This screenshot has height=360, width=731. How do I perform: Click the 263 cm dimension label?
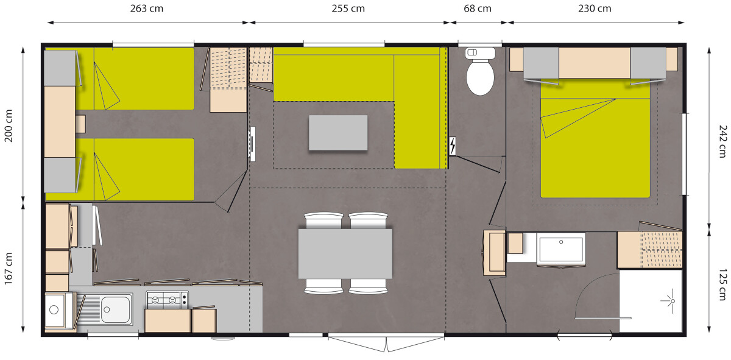click(147, 9)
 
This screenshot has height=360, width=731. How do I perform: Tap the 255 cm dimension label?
click(348, 9)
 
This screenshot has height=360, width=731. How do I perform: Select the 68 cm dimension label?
click(478, 9)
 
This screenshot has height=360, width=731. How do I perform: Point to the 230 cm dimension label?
click(595, 9)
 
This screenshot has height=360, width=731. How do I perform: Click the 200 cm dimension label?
click(9, 125)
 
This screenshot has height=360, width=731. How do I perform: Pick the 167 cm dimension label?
click(9, 269)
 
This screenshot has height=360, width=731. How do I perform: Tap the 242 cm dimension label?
click(723, 141)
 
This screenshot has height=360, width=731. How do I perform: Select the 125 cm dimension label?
click(723, 284)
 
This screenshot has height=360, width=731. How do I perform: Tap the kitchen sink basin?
click(116, 309)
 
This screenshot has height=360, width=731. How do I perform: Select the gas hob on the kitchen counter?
click(167, 300)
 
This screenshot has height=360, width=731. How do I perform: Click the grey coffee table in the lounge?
click(338, 133)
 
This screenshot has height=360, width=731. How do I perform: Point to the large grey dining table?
click(345, 253)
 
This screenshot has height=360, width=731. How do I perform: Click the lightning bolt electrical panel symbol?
click(453, 146)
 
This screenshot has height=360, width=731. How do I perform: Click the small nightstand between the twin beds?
click(80, 124)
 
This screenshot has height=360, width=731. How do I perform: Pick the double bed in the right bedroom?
click(595, 138)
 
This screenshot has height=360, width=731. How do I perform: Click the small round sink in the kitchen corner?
click(54, 309)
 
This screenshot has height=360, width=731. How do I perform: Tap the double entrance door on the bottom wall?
click(386, 343)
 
